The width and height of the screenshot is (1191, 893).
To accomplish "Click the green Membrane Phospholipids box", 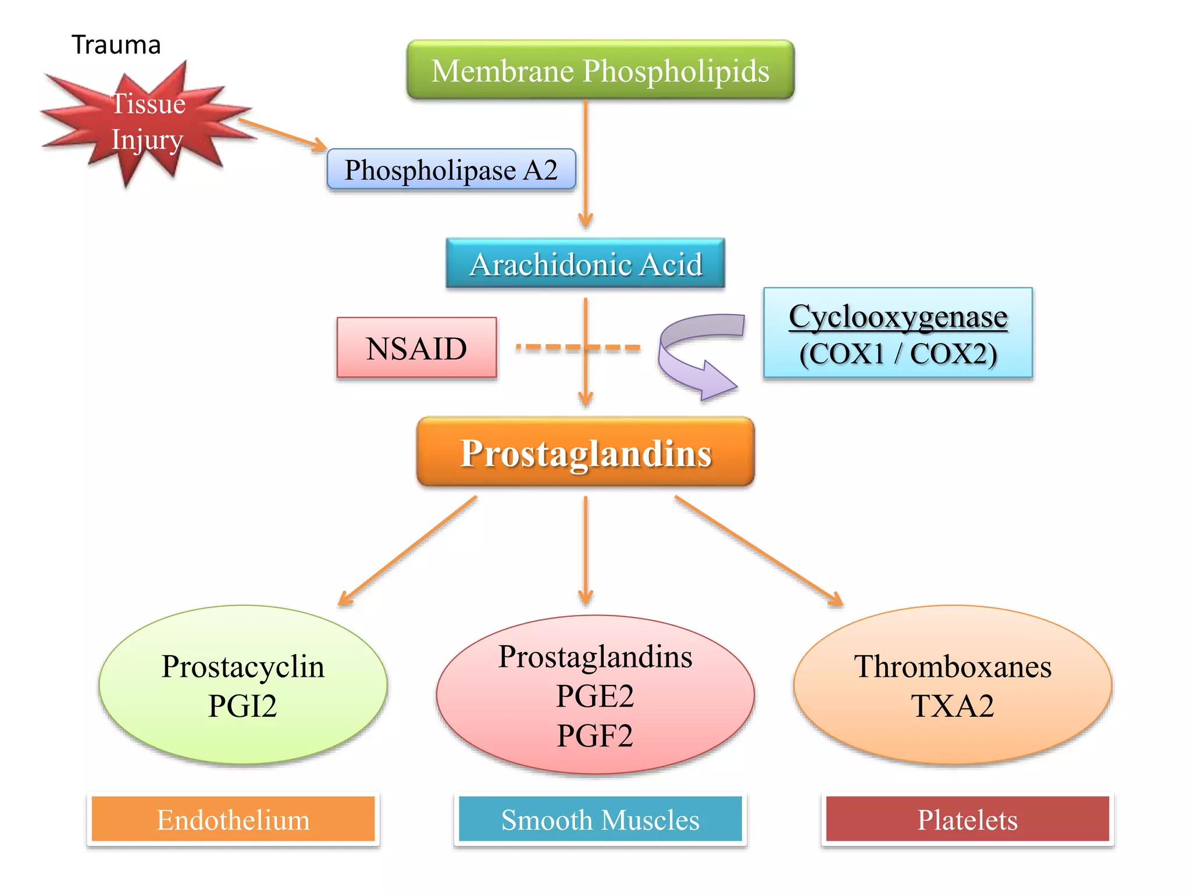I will point(600,70).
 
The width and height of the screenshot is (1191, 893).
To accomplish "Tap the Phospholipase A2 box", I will point(451,170).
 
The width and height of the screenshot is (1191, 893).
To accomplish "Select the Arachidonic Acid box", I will point(585,264).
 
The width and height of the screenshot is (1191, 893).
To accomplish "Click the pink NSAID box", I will point(416,348).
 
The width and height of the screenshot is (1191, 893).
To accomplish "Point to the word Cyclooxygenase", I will point(897,317).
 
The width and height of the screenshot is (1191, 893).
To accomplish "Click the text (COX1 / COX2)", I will point(897,354).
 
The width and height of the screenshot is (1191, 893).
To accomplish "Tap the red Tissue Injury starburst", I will point(145,122).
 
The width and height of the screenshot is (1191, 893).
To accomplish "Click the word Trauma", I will point(116,45).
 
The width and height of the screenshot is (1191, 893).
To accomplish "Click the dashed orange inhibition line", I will point(547,348).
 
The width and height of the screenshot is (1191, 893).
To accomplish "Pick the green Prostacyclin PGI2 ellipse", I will point(243,685).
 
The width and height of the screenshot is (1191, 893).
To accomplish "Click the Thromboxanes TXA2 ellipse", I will point(952,685).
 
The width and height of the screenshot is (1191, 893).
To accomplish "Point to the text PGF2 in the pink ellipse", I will point(594,736).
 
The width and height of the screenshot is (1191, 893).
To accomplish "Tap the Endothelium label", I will point(233,820).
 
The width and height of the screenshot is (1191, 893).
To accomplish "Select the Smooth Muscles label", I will point(600,820).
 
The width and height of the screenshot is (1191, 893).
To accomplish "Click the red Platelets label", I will point(967,820).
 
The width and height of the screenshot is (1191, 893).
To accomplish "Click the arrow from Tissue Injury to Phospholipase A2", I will point(282,134).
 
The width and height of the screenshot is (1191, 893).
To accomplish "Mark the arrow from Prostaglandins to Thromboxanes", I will point(756,549).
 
